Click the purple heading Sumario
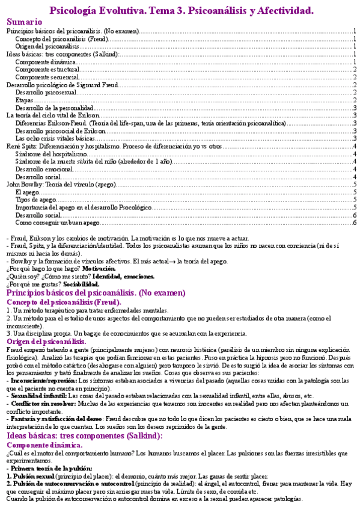pos(25,22)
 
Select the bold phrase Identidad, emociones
pos(123,277)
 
